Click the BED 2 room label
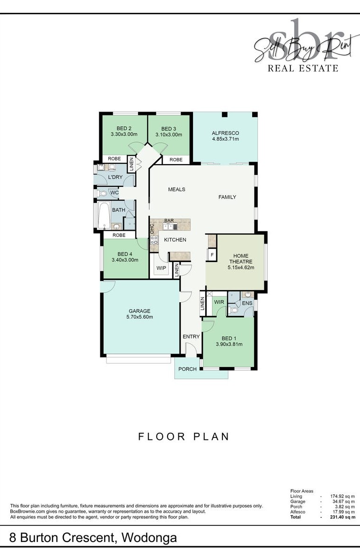pos(124,129)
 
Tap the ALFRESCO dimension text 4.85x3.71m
pos(225,139)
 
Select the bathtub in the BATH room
pos(104,216)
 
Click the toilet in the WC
pos(103,193)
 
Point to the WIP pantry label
pos(161,268)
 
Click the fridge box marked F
pos(212,255)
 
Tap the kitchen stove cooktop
pos(154,240)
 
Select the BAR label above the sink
pos(169,221)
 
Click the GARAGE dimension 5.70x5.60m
pos(140,317)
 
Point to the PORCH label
pos(187,369)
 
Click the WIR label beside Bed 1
pos(219,302)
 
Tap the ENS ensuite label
pos(247,303)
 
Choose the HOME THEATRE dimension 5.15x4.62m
pos(241,267)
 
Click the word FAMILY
pos(227,197)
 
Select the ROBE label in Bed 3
pos(176,160)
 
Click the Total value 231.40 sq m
pos(342,517)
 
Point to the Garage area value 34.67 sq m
pos(343,501)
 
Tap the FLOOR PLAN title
pos(184,437)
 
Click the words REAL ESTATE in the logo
pos(303,68)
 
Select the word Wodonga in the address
pos(149,537)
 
